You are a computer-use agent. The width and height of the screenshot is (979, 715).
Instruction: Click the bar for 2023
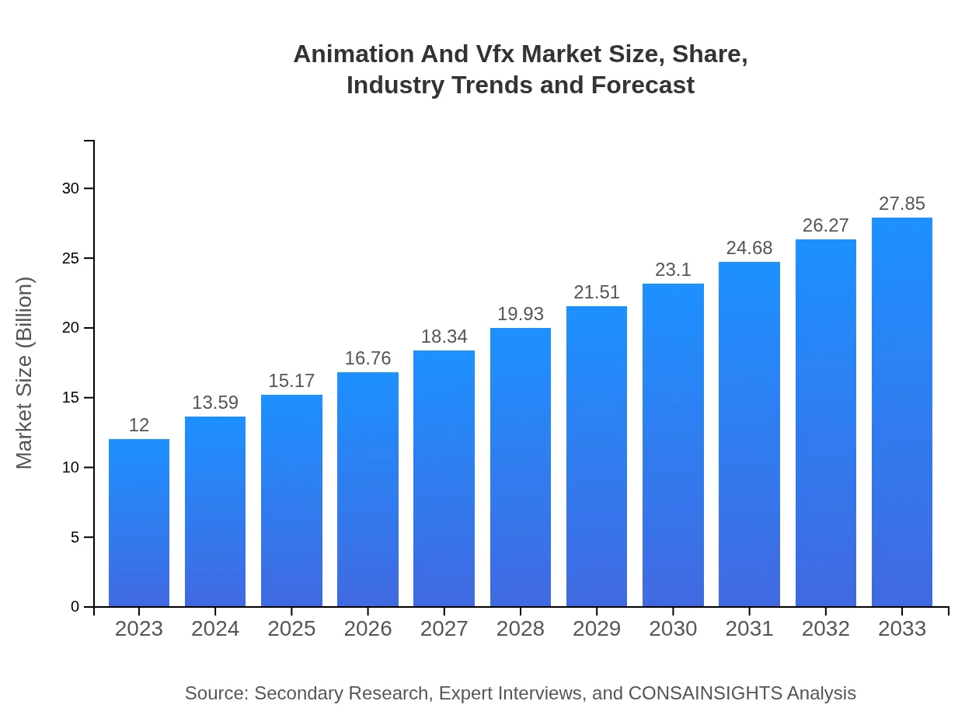[x=139, y=522]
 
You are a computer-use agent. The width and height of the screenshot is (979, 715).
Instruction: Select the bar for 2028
[x=521, y=466]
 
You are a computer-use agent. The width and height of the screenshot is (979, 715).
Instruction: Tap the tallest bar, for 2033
[x=902, y=412]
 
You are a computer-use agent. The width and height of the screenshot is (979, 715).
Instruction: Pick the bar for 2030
[x=673, y=445]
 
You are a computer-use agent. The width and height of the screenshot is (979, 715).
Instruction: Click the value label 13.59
[x=215, y=403]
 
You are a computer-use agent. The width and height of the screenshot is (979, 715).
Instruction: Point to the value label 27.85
[x=902, y=204]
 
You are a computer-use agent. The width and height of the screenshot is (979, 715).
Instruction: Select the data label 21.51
[x=597, y=292]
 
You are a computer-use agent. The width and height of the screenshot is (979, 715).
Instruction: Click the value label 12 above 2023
[x=139, y=425]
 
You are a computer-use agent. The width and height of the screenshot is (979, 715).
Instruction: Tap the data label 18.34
[x=444, y=337]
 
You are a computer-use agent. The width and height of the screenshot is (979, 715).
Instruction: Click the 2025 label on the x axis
[x=291, y=629]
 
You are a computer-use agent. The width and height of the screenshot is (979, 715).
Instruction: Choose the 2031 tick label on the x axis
[x=749, y=629]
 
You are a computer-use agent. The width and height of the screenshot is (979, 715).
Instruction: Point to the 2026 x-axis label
[x=368, y=629]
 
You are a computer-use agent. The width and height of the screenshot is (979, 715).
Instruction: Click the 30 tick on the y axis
[x=71, y=189]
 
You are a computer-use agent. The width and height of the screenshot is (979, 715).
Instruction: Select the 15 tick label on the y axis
[x=71, y=398]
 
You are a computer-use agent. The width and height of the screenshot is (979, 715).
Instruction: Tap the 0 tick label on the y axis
[x=75, y=607]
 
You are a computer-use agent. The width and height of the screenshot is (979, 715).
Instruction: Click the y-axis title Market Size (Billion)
[x=25, y=373]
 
